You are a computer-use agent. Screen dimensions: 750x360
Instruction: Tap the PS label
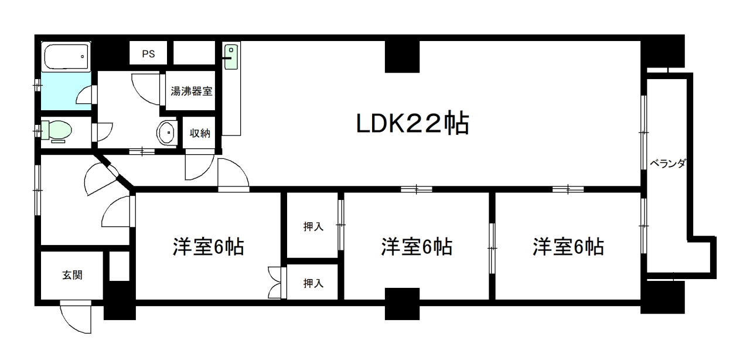pyautogui.click(x=148, y=54)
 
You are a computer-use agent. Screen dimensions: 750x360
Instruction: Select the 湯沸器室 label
pyautogui.click(x=191, y=91)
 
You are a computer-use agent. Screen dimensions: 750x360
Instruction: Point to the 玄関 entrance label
pyautogui.click(x=72, y=275)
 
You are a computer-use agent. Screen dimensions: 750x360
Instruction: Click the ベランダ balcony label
pyautogui.click(x=667, y=164)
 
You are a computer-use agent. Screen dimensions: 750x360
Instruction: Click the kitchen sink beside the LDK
pyautogui.click(x=231, y=57)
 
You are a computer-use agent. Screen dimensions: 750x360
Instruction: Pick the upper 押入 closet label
pyautogui.click(x=313, y=226)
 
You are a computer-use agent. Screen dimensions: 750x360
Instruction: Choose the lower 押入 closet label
pyautogui.click(x=313, y=283)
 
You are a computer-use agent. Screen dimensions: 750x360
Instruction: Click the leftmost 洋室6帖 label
pyautogui.click(x=208, y=247)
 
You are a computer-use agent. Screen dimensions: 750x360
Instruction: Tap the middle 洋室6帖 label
pyautogui.click(x=416, y=247)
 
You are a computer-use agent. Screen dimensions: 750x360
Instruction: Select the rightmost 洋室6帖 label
pyautogui.click(x=568, y=247)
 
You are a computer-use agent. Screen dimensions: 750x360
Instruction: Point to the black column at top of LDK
pyautogui.click(x=402, y=56)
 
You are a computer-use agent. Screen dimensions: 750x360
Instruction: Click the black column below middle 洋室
pyautogui.click(x=402, y=303)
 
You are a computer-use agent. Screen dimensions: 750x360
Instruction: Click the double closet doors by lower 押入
pyautogui.click(x=275, y=283)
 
